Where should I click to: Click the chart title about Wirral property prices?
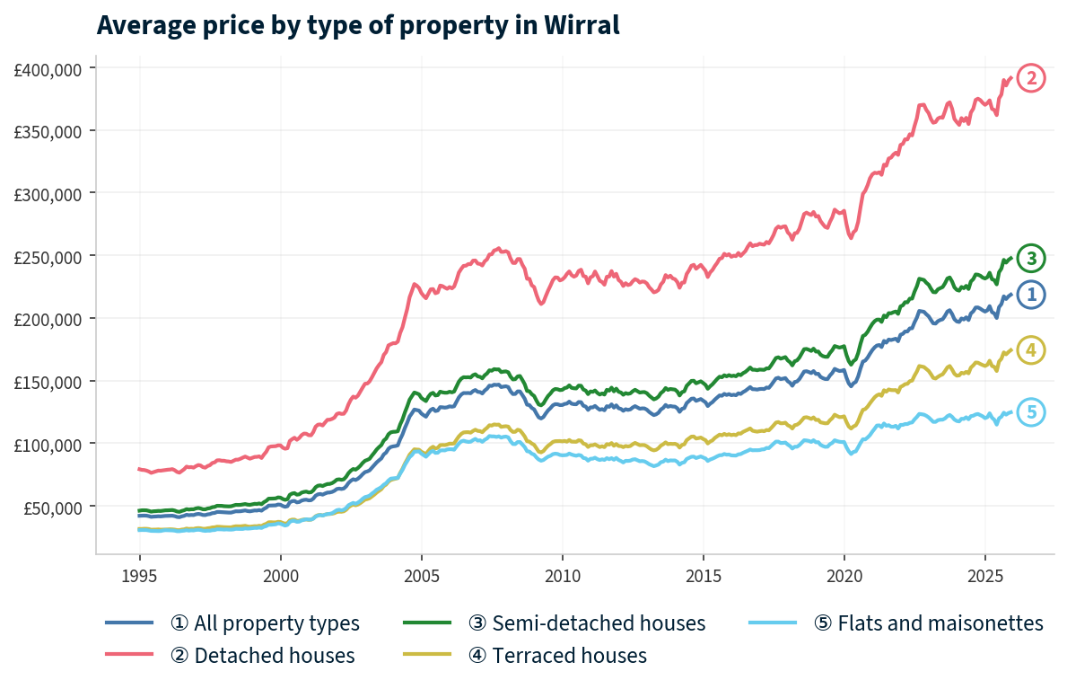[x=357, y=25]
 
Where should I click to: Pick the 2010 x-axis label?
[x=562, y=575]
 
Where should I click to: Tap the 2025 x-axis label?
[x=984, y=575]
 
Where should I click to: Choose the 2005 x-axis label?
[x=421, y=575]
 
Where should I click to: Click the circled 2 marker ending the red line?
[x=1031, y=79]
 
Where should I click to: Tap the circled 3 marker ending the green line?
[x=1031, y=259]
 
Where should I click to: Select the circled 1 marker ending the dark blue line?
[x=1031, y=295]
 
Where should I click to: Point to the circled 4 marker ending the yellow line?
[x=1031, y=350]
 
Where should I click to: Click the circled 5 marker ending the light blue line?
[x=1031, y=412]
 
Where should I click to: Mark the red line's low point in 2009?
[x=541, y=304]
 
